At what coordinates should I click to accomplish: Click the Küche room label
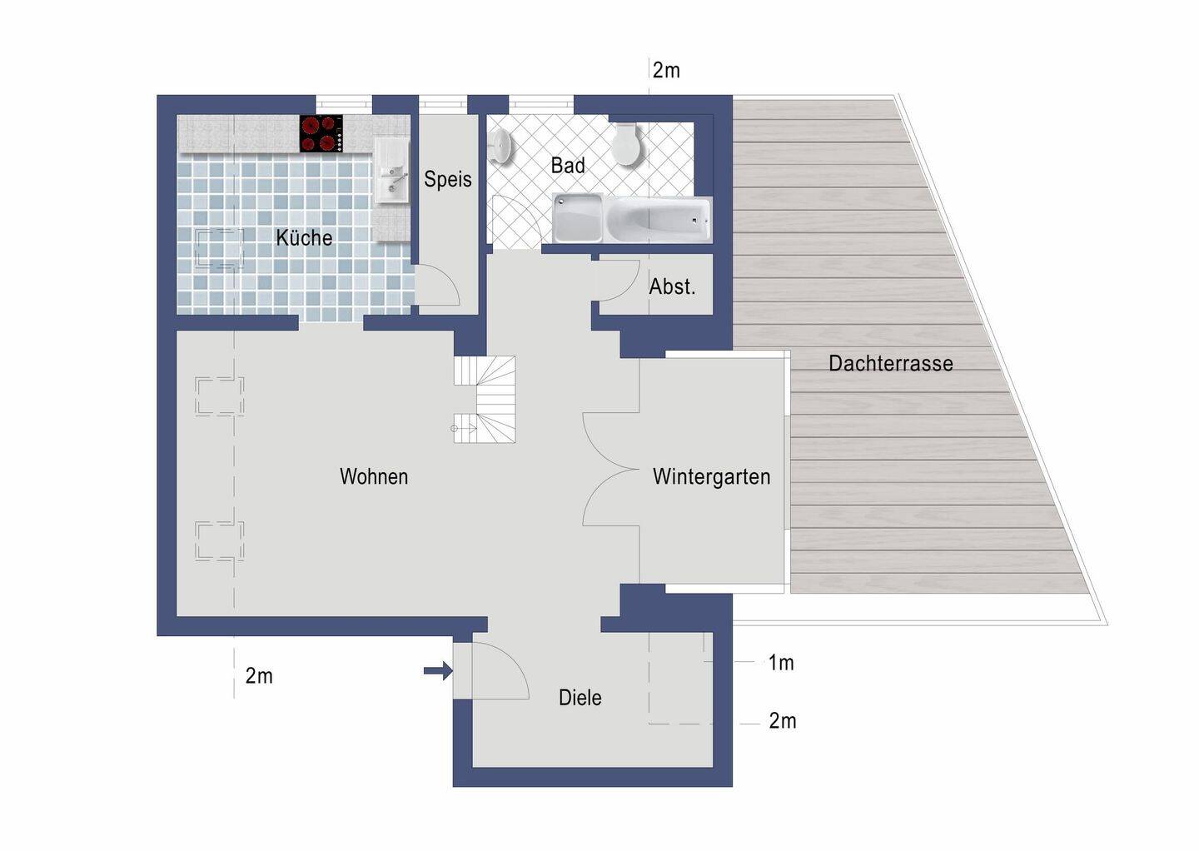304,237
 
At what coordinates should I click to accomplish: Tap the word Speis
447,179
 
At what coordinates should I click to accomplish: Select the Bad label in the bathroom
567,166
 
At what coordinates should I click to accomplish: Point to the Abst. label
672,287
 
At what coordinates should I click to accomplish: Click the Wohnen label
374,476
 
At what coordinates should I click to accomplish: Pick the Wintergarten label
711,476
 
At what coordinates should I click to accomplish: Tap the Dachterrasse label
891,363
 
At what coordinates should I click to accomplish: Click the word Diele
580,698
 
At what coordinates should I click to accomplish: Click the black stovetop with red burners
321,134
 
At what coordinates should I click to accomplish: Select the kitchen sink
391,171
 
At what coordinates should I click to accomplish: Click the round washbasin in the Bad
501,145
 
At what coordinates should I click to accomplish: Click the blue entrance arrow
438,670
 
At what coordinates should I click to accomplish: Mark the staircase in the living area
485,400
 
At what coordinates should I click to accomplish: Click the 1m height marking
781,663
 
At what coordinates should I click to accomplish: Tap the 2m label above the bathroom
666,70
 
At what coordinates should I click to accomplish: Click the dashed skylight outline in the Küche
220,248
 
